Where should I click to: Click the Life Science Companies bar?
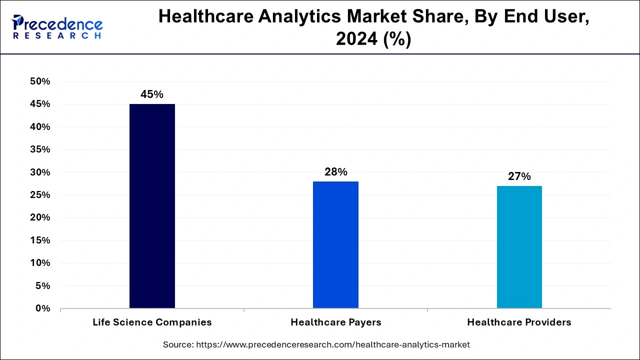[152, 206]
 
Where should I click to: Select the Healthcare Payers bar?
[335, 244]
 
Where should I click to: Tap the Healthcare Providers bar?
[519, 247]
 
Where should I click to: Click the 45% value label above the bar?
[152, 94]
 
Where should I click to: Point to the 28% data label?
[335, 172]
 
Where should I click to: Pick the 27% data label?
[519, 176]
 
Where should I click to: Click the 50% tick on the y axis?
[40, 81]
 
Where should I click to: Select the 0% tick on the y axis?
[42, 308]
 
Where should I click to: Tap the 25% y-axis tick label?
[40, 195]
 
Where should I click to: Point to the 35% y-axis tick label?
[40, 149]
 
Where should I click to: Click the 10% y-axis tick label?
[40, 263]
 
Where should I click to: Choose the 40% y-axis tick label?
[40, 127]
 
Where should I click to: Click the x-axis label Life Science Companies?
[152, 322]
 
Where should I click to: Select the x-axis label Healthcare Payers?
[335, 322]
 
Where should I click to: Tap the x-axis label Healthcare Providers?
[519, 322]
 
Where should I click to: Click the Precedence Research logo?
[57, 27]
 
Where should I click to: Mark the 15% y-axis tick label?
[40, 240]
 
